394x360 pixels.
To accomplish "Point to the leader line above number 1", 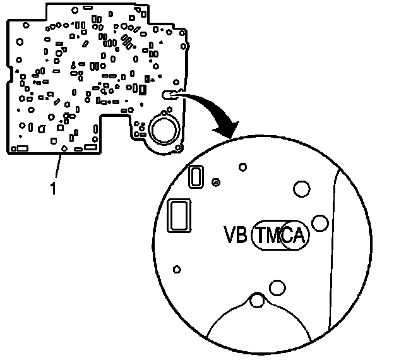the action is click(57, 167).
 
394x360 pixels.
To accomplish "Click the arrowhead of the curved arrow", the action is click(226, 130).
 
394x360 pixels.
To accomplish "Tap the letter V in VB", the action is click(230, 236).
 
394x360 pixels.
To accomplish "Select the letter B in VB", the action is click(243, 236).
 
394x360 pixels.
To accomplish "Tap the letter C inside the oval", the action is click(288, 236).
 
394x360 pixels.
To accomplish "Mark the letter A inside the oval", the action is click(299, 236).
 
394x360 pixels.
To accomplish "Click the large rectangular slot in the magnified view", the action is click(178, 215).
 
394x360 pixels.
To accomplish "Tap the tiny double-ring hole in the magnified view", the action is click(216, 182).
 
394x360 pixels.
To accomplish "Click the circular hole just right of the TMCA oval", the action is click(319, 222).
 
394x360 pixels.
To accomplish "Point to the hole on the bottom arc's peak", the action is click(257, 301).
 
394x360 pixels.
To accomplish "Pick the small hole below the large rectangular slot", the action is click(177, 270).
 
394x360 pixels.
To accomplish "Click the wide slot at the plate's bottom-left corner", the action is click(19, 148).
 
